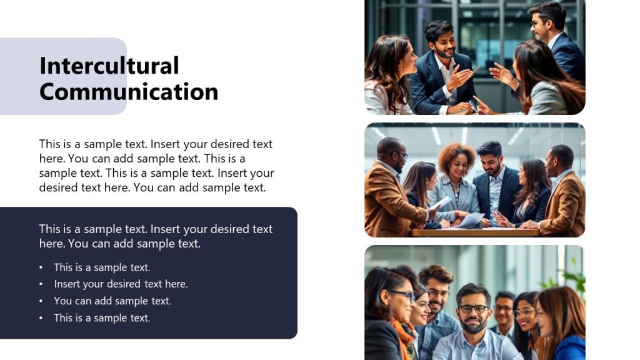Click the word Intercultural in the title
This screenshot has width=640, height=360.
(109, 66)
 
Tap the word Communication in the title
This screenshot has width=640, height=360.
(128, 92)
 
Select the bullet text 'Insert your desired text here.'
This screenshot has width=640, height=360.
(121, 284)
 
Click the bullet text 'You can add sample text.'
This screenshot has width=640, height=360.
(112, 301)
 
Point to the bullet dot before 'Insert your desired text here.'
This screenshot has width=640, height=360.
(41, 284)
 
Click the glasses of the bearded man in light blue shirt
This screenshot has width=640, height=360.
(472, 309)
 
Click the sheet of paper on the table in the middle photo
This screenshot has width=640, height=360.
(471, 219)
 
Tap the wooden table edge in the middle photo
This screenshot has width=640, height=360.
(475, 232)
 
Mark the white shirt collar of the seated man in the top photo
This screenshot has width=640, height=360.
(445, 69)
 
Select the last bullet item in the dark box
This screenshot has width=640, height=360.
(102, 317)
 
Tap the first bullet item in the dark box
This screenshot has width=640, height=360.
(102, 267)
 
